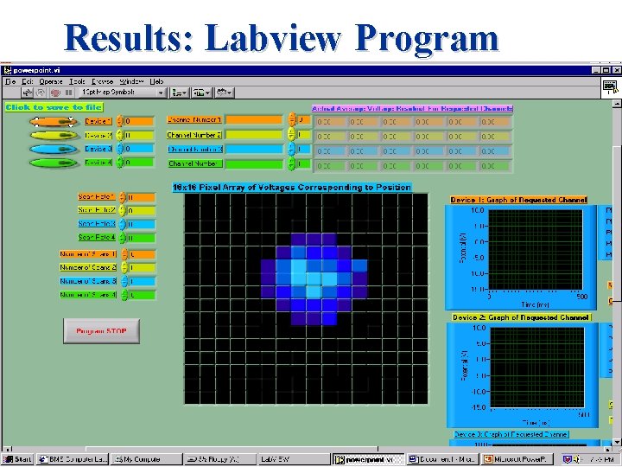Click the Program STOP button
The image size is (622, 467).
[101, 331]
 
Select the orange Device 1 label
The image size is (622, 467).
[98, 122]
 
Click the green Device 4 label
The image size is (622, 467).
[98, 163]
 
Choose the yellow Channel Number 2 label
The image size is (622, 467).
[194, 135]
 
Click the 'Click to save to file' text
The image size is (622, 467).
[54, 107]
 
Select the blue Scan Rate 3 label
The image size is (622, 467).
[97, 223]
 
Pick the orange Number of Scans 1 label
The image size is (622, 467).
[87, 254]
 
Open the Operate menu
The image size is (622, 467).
[51, 81]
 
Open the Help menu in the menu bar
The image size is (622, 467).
[156, 81]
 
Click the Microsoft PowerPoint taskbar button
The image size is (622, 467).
[506, 459]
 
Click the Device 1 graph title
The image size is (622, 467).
[518, 200]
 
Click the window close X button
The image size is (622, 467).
[615, 69]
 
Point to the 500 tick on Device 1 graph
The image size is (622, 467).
[582, 296]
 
